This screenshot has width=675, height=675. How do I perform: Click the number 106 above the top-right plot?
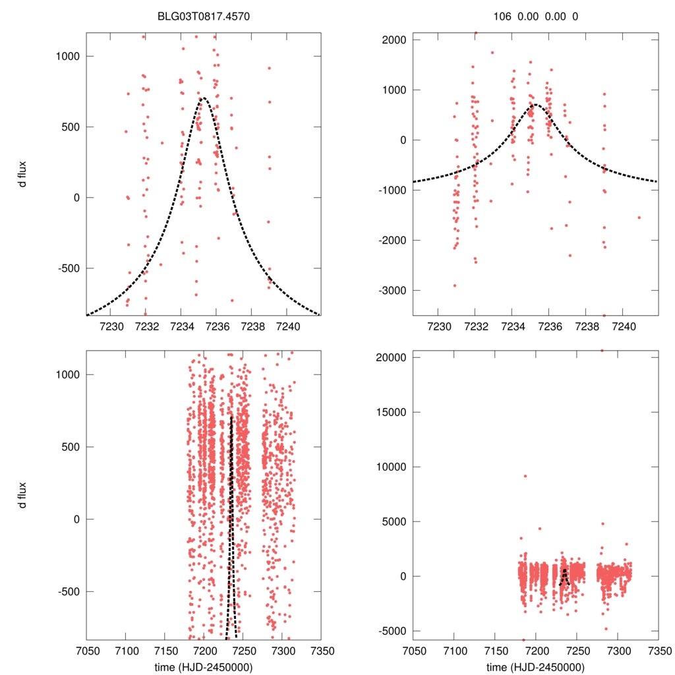pyautogui.click(x=502, y=16)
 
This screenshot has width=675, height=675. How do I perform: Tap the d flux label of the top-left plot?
pyautogui.click(x=23, y=174)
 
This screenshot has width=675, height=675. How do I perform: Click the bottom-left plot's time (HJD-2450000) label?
pyautogui.click(x=203, y=667)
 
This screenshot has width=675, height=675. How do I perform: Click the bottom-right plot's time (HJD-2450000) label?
pyautogui.click(x=535, y=667)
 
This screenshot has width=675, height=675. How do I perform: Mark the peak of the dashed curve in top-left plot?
pyautogui.click(x=203, y=98)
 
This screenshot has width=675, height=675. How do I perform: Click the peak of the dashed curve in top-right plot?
pyautogui.click(x=535, y=104)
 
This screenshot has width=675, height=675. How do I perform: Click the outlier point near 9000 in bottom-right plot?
pyautogui.click(x=525, y=476)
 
